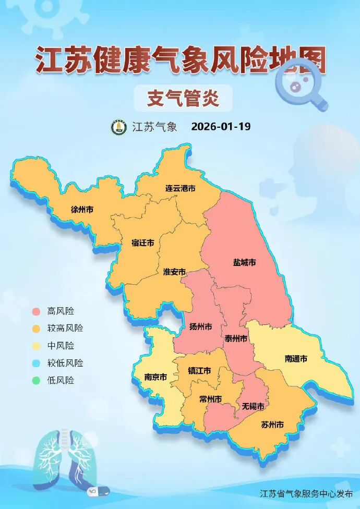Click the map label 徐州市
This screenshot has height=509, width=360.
click(x=82, y=210)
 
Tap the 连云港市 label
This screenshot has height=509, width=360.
click(x=180, y=188)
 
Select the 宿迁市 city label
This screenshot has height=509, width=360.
click(x=142, y=243)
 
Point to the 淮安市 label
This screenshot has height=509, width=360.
click(x=174, y=272)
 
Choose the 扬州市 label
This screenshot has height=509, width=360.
click(x=200, y=327)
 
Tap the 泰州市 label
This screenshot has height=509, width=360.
click(x=235, y=338)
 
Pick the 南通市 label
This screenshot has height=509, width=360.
click(x=296, y=359)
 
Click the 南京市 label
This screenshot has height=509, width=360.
click(x=155, y=377)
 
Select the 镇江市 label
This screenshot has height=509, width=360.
click(x=199, y=371)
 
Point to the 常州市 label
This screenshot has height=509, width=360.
click(x=210, y=399)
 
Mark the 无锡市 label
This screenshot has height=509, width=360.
click(x=253, y=406)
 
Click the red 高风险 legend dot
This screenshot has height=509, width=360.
click(x=36, y=311)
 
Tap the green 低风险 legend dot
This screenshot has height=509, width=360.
click(x=36, y=380)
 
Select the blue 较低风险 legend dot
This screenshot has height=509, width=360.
click(x=36, y=363)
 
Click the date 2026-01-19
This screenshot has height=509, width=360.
click(x=221, y=127)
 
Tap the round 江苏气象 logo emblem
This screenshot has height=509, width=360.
click(x=119, y=127)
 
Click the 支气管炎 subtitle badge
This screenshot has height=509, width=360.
click(x=183, y=98)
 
